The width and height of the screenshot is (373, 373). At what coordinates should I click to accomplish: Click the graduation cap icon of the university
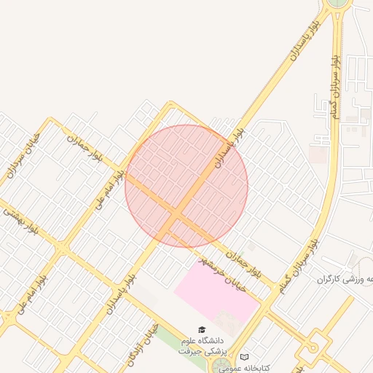click(x=202, y=330)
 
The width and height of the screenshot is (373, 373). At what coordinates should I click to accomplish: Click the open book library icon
click(x=244, y=357)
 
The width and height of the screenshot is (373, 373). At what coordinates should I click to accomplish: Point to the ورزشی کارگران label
click(x=345, y=279)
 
